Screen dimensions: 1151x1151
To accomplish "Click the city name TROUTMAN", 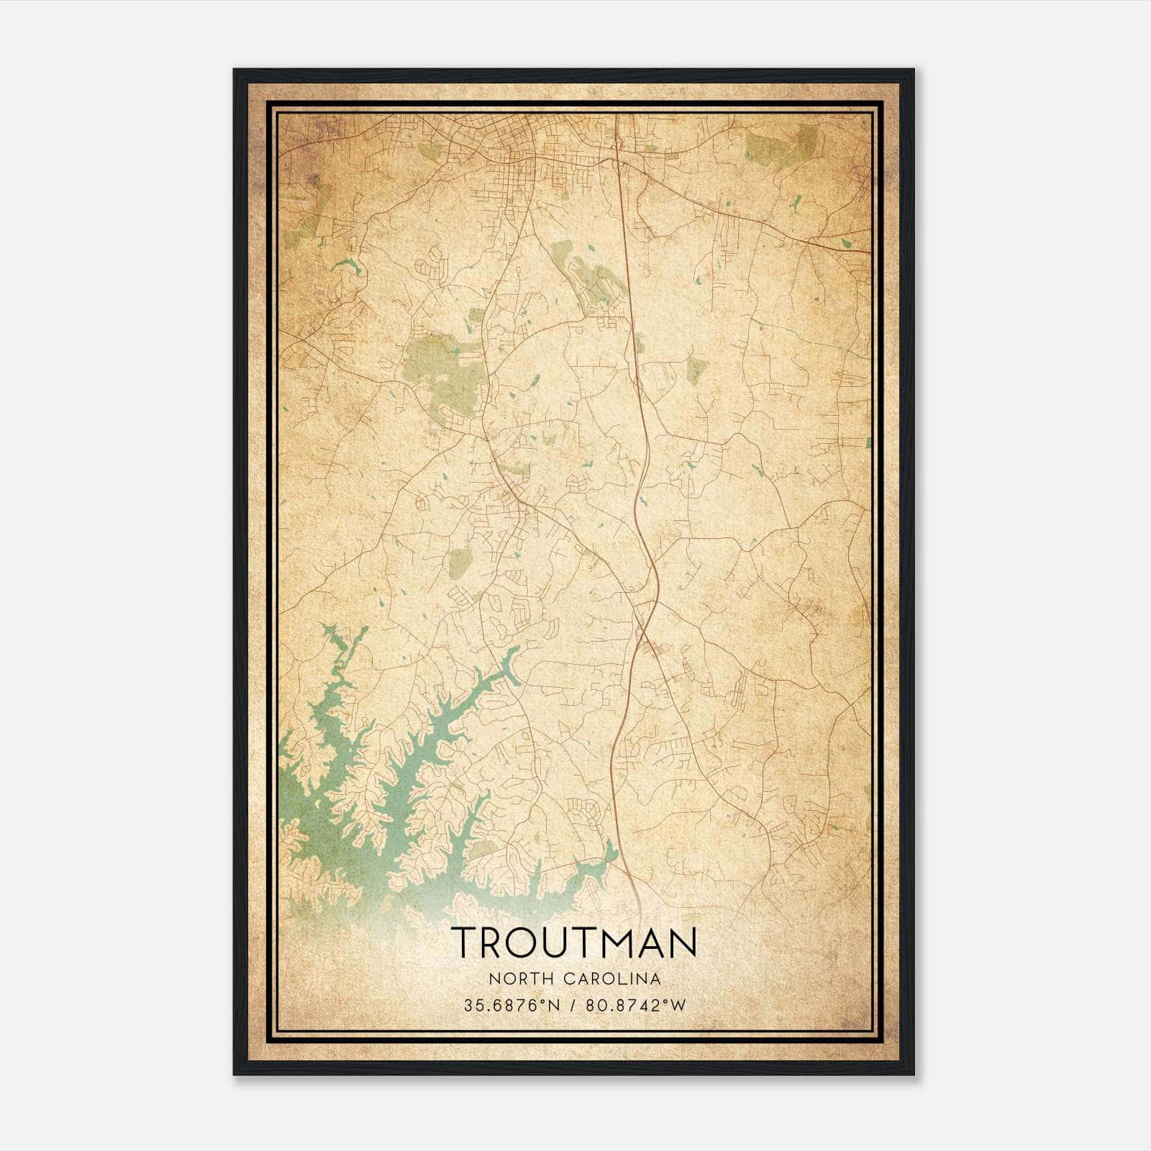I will (574, 942).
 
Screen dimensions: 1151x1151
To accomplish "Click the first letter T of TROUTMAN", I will (463, 942).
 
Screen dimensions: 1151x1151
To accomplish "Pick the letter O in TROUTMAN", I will (519, 942).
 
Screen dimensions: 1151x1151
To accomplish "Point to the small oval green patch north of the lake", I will (458, 563).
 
